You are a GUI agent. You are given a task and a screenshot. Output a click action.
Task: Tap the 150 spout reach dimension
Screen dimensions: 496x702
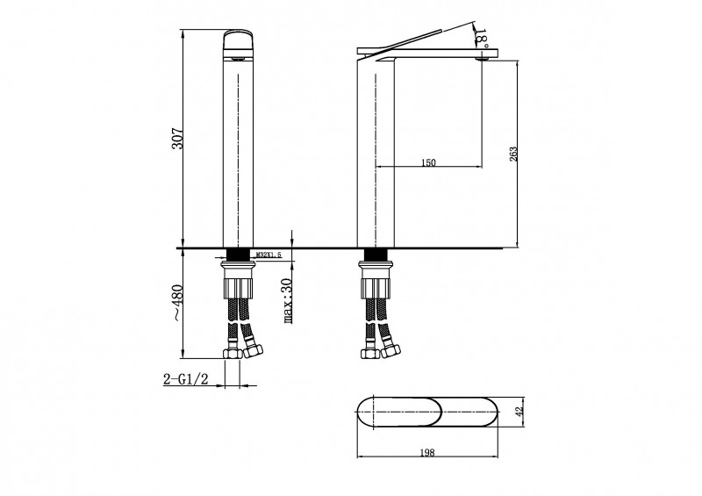[429, 162]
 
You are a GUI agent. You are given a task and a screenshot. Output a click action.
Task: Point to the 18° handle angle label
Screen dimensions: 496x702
[479, 36]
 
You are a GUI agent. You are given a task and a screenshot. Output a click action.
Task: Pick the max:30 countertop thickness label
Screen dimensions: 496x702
[287, 303]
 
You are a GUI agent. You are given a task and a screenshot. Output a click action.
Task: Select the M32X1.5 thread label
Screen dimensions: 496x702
[268, 255]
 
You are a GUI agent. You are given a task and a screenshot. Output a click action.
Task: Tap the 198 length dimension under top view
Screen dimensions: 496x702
[429, 454]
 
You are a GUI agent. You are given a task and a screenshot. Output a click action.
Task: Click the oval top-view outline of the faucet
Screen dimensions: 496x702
[429, 412]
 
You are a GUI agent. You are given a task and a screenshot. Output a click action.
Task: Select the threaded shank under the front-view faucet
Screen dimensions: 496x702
[238, 255]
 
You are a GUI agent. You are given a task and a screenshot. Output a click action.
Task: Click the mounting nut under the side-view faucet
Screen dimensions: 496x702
[377, 285]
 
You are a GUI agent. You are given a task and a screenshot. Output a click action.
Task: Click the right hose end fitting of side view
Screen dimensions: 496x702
[391, 352]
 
